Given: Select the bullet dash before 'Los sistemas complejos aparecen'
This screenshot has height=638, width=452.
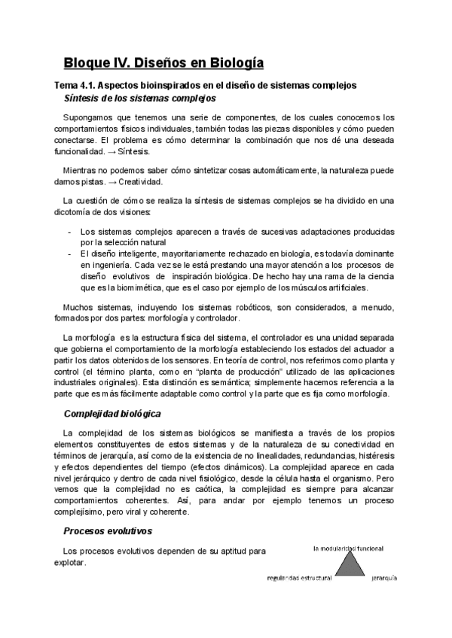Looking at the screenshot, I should coord(70,232).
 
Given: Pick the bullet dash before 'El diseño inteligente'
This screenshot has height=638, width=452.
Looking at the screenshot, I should coord(70,254).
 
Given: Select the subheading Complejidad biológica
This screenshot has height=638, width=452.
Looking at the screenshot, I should coord(111,414).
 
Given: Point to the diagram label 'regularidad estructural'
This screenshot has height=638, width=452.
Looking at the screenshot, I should coord(300,579).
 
